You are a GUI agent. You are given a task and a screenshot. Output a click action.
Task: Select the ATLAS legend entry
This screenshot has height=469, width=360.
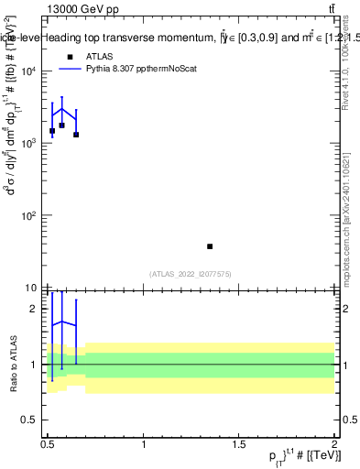(98, 56)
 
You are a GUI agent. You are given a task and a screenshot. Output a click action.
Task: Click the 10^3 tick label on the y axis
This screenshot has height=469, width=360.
(31, 145)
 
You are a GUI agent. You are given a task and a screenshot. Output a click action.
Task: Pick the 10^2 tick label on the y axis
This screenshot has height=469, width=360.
(31, 216)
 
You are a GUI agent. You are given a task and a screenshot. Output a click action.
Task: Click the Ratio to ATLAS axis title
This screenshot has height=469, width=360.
(12, 365)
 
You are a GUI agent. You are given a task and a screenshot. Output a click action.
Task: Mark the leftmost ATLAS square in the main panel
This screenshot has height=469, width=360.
(52, 131)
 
